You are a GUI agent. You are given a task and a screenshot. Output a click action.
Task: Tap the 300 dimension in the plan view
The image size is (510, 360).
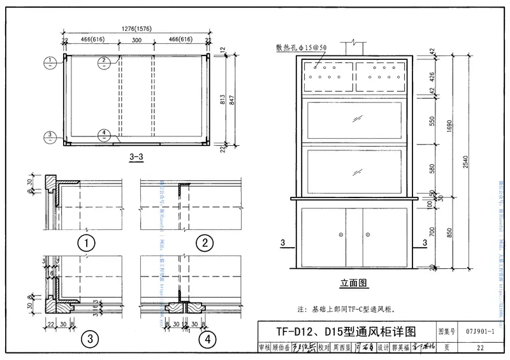[136, 40]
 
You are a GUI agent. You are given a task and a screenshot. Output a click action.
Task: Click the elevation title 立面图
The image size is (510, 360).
[354, 282]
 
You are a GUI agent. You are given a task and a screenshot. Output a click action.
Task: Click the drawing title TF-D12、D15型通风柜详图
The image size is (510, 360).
[346, 332]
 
